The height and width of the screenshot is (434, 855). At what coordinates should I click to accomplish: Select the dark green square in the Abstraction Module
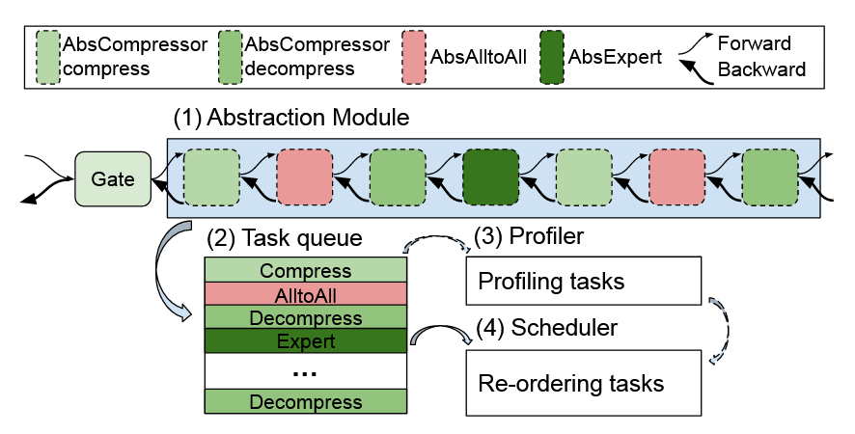(491, 177)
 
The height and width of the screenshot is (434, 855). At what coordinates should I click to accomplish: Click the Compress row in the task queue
(306, 271)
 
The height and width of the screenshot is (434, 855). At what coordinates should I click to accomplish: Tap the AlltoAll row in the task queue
(306, 295)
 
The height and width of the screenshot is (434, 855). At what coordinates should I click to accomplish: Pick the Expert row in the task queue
(306, 341)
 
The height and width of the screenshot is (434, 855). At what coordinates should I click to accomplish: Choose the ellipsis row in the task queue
(306, 370)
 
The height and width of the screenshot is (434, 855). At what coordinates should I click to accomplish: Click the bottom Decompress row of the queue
(306, 401)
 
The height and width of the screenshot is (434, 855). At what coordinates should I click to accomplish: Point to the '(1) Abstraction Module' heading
(291, 119)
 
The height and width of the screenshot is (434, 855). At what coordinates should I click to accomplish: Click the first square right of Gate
(210, 177)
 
